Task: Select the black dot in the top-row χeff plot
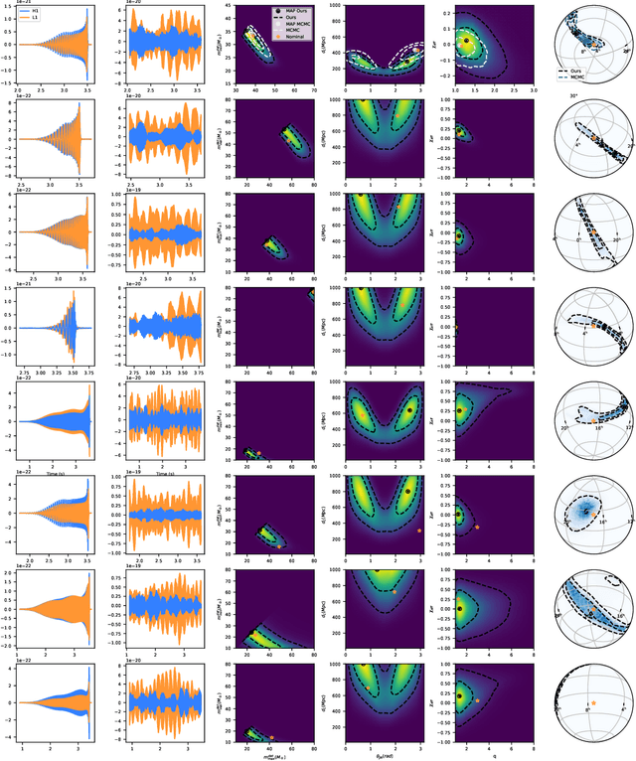pyautogui.click(x=464, y=41)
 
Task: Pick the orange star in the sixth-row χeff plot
pyautogui.click(x=478, y=527)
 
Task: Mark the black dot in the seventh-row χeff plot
pyautogui.click(x=459, y=608)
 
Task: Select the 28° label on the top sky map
pyautogui.click(x=626, y=48)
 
